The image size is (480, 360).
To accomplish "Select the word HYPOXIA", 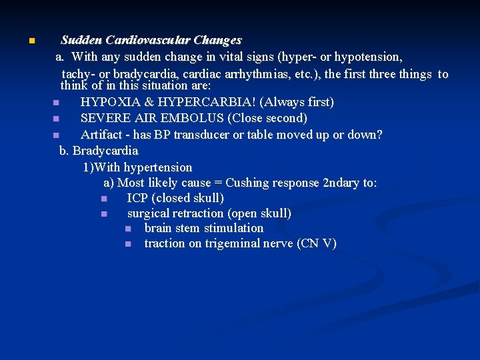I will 106,103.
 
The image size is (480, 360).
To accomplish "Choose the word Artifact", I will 103,135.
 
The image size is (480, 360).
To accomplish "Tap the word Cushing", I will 251,183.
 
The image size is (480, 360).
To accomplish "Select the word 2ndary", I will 341,183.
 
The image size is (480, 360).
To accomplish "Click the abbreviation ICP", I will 137,198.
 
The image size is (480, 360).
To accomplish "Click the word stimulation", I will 233,228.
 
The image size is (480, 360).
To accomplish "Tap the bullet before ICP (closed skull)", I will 104,199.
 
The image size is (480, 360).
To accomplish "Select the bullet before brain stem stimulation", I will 128,229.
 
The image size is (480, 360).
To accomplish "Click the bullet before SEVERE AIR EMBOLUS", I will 56,119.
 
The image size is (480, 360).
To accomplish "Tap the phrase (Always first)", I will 297,103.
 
